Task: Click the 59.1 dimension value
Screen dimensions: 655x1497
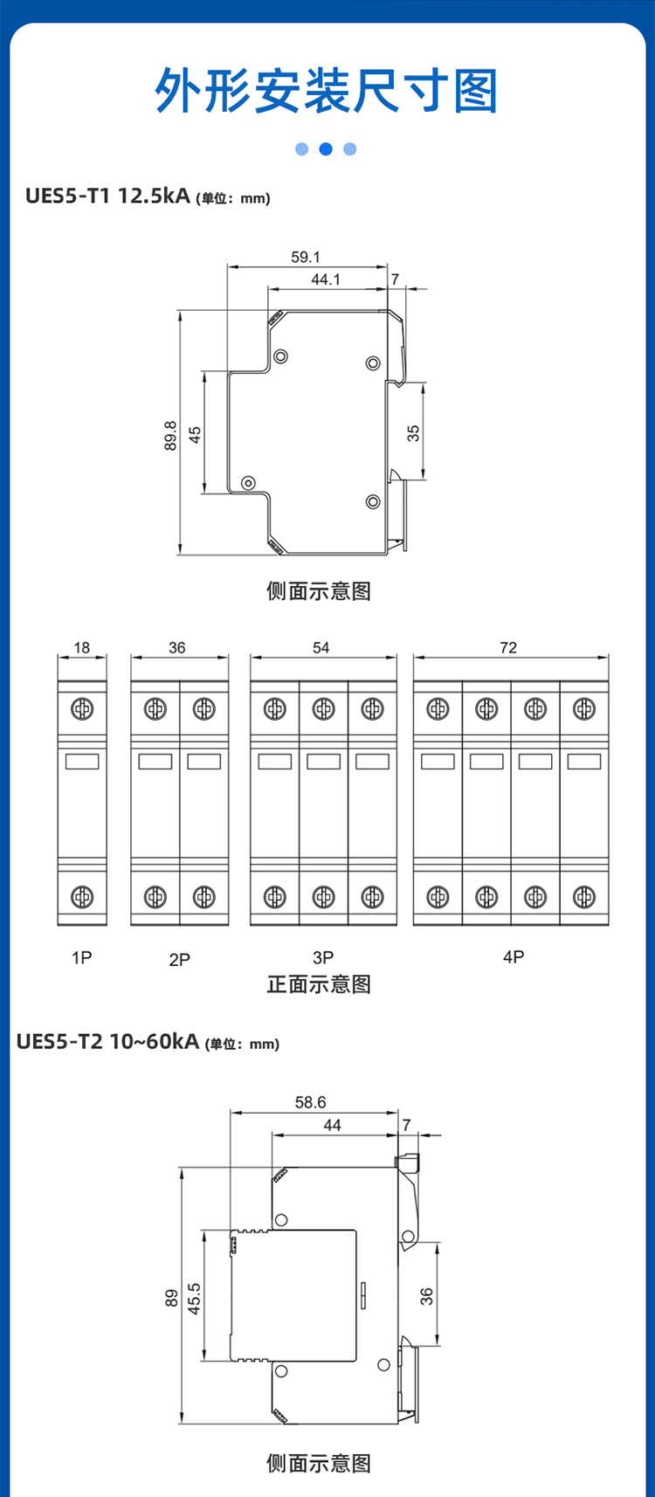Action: [306, 258]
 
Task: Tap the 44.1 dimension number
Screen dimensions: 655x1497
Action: [326, 279]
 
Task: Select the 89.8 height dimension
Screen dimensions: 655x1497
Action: [171, 436]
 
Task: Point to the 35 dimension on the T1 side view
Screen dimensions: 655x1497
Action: [414, 433]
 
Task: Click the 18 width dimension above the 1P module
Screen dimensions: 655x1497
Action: [81, 647]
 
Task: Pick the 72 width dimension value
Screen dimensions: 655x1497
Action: [508, 647]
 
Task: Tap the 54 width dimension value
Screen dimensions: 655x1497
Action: [321, 647]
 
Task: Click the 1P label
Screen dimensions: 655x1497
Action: [81, 958]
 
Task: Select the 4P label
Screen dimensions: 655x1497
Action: [514, 957]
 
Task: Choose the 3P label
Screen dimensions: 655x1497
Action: [323, 958]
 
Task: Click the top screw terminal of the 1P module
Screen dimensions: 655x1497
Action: [82, 708]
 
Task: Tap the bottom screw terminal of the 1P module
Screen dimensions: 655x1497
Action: [82, 896]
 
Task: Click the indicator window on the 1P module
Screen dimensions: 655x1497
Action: [82, 762]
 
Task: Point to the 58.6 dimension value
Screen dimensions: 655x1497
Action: [311, 1102]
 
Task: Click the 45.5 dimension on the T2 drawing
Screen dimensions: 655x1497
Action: [195, 1299]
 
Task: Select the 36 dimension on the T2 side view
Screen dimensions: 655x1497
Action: [426, 1296]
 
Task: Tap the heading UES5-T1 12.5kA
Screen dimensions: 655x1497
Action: [107, 196]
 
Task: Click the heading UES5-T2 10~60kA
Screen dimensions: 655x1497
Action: [107, 1041]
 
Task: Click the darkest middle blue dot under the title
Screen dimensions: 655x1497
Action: [326, 149]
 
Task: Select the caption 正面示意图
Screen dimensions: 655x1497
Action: [319, 984]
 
